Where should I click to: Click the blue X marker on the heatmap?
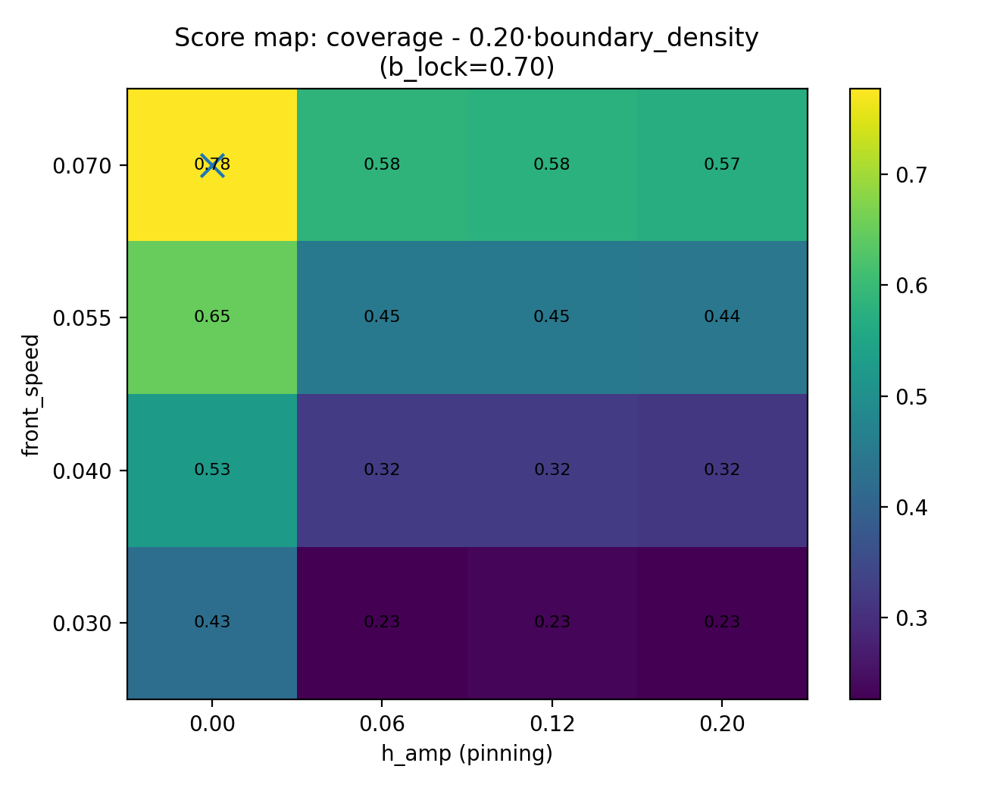click(212, 165)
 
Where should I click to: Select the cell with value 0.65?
click(212, 317)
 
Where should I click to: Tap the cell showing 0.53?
click(212, 470)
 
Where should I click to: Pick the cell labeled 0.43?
click(212, 622)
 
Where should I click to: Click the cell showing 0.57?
click(722, 164)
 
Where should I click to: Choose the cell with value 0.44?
click(722, 317)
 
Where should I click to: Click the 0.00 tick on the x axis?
click(212, 724)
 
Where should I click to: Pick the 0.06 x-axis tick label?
click(382, 724)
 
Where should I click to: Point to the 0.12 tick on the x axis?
click(552, 724)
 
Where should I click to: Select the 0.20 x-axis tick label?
click(722, 724)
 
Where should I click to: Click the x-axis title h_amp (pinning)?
click(467, 754)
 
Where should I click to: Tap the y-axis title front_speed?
click(30, 394)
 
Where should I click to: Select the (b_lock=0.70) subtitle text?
click(467, 67)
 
